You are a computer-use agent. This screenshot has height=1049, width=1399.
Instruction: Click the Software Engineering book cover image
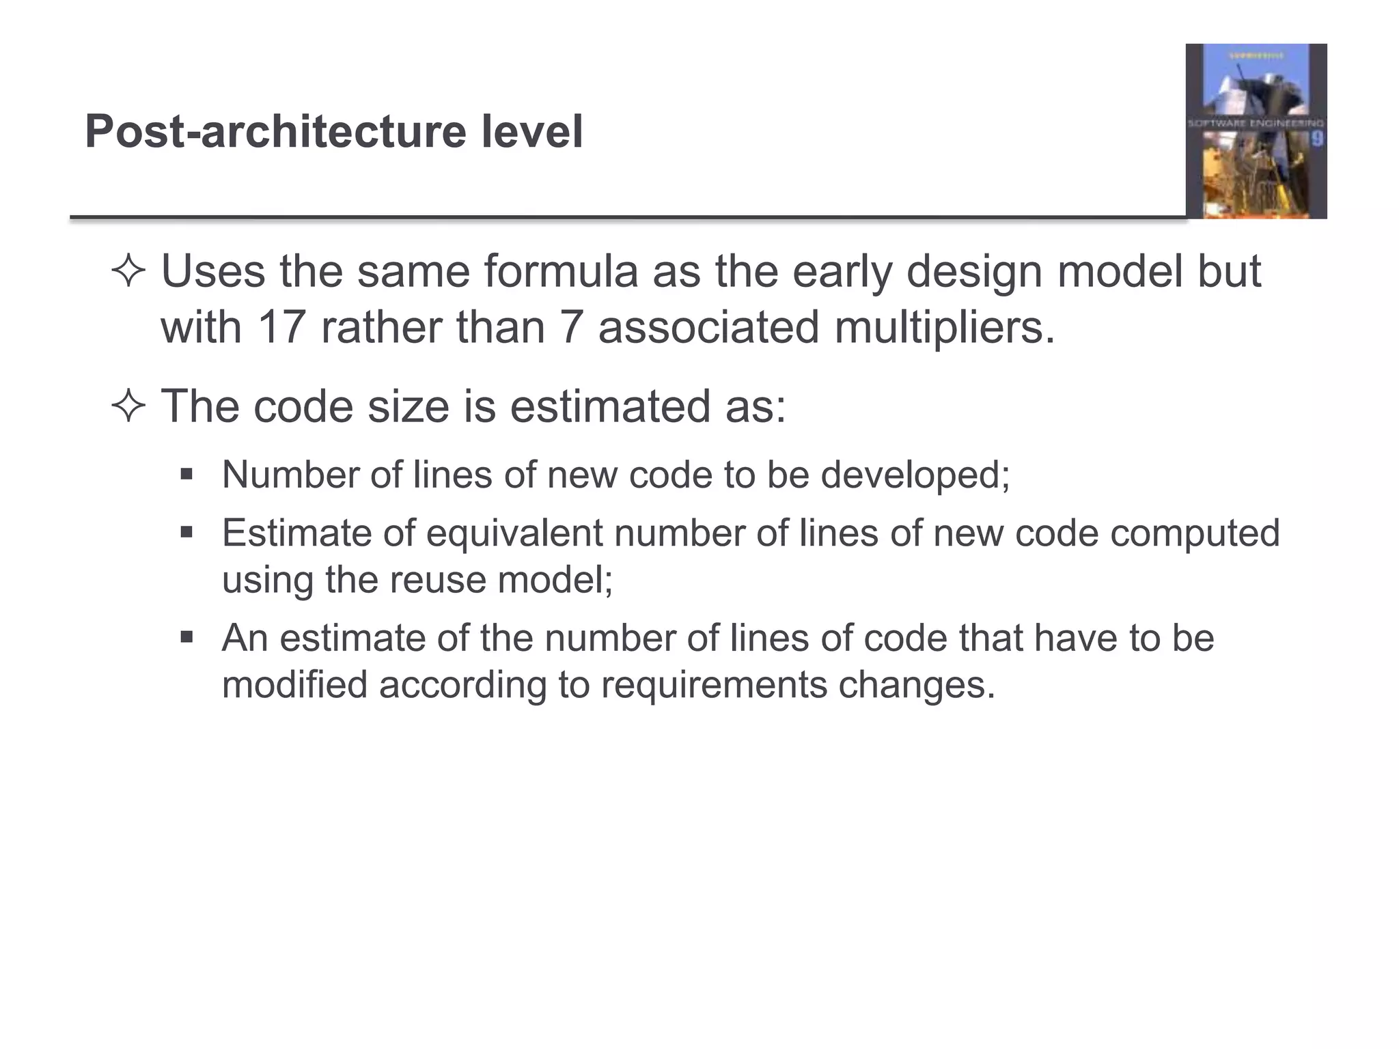1256,131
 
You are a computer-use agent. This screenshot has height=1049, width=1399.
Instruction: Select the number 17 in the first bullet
281,327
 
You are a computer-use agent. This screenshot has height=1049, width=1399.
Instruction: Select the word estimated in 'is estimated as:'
609,407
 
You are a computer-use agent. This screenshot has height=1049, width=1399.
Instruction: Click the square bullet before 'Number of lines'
186,473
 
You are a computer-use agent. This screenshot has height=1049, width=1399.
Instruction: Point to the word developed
915,475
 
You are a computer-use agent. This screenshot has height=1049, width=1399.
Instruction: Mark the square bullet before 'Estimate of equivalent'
186,531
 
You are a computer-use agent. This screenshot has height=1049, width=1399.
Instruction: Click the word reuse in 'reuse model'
437,581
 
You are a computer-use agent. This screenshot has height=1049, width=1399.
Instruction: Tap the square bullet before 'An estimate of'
186,637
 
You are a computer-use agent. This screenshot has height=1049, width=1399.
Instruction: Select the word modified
294,685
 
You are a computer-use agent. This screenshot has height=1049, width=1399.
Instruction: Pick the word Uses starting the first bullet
212,272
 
